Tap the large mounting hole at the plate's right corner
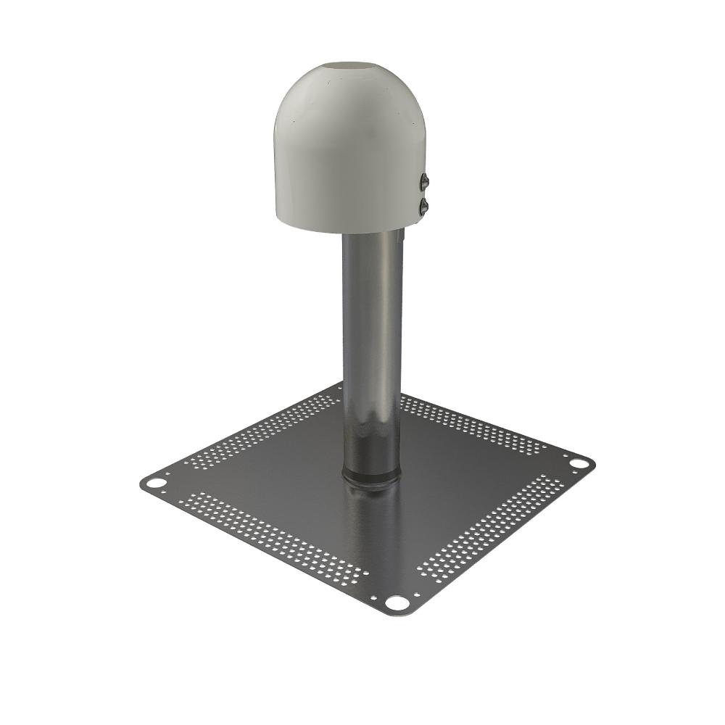579,462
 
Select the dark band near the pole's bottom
371,435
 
